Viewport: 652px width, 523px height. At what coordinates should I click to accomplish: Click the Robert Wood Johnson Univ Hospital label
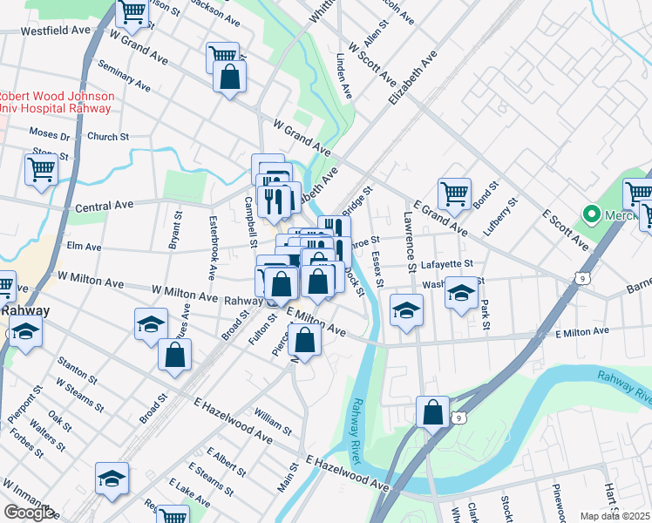[56, 102]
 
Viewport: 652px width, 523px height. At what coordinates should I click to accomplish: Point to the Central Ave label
[104, 206]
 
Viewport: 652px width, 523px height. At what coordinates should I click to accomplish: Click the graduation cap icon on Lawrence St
[406, 310]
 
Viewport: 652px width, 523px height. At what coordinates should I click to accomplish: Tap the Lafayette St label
[447, 262]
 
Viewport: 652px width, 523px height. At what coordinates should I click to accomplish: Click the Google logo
[29, 513]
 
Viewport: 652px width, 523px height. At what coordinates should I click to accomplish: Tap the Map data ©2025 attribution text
[615, 516]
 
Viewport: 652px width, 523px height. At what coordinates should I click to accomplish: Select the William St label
[274, 424]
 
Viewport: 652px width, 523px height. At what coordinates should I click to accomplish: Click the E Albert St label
[227, 462]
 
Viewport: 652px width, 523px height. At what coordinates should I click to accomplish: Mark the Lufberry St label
[503, 214]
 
